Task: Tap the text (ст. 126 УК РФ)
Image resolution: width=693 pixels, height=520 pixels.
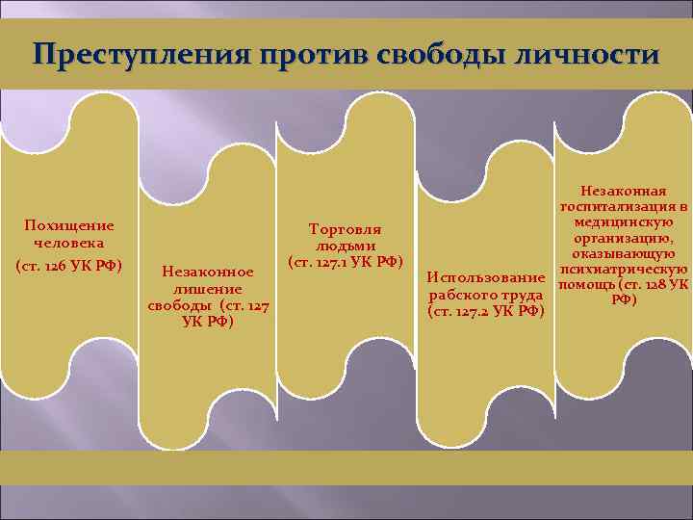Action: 69,264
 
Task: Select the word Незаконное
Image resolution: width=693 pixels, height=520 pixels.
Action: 208,273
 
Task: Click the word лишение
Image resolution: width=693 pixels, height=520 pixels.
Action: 208,289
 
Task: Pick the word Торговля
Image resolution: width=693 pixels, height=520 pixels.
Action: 345,229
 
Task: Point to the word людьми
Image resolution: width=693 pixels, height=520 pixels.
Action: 345,246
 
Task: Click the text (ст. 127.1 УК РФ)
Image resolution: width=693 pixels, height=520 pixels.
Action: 345,262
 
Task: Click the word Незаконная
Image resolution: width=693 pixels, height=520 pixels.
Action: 625,192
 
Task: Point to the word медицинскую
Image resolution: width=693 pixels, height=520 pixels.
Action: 625,222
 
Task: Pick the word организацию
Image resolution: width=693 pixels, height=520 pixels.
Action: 625,238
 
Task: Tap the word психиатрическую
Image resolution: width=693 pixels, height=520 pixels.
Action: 625,269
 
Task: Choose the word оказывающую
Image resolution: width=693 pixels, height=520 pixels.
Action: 625,253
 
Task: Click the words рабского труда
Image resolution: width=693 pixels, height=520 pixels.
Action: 487,295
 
